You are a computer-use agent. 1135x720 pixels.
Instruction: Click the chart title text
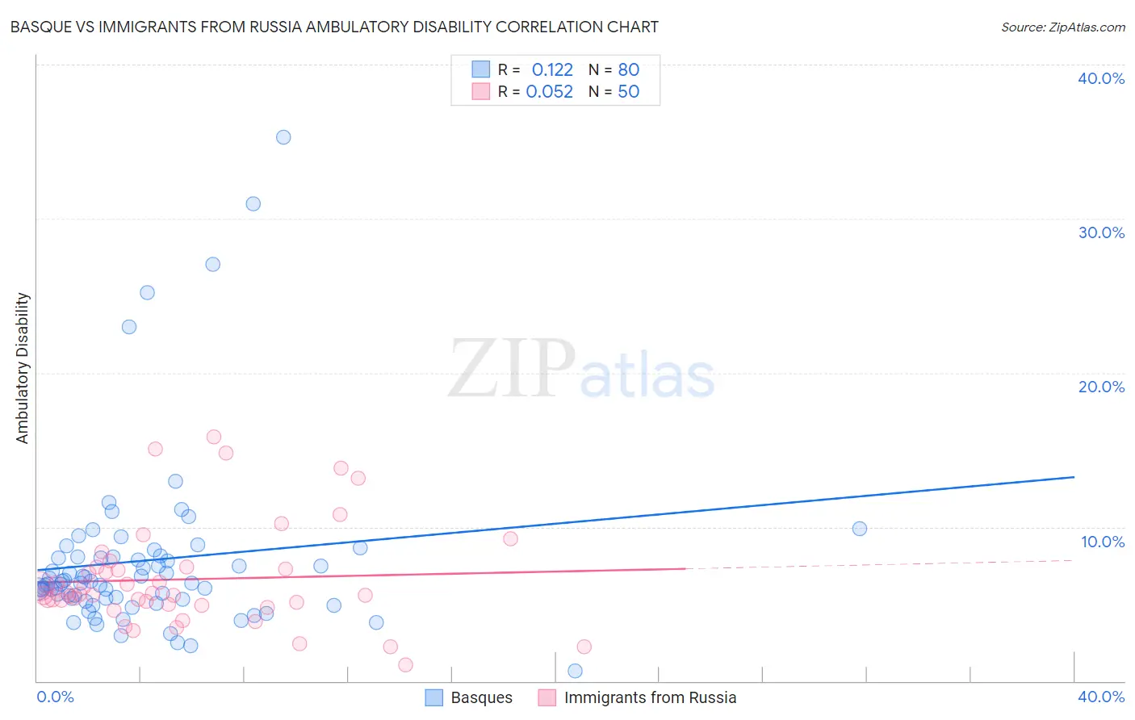click(334, 27)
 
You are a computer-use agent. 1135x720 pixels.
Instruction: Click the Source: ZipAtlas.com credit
click(1062, 27)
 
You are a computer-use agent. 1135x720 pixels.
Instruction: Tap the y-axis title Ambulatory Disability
click(23, 367)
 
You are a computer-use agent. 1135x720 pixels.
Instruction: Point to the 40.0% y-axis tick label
click(1101, 78)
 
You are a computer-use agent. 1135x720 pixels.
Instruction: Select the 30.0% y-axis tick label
click(1101, 232)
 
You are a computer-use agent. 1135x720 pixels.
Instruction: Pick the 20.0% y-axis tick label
click(1101, 387)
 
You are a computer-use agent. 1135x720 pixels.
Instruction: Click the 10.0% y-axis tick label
click(1103, 542)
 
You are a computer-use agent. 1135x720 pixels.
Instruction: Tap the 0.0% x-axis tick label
click(55, 697)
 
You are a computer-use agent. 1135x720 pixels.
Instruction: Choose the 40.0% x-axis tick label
click(1101, 697)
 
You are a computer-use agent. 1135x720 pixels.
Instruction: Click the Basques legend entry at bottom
click(481, 697)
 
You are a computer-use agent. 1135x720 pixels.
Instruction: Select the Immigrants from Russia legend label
click(650, 697)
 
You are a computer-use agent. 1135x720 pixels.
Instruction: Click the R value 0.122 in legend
click(552, 69)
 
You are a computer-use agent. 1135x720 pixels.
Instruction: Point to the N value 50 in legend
click(628, 91)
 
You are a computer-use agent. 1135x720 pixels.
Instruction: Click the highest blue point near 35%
click(283, 137)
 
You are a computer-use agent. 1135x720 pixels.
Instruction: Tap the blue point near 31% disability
click(253, 203)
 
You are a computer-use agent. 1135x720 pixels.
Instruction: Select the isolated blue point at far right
click(860, 529)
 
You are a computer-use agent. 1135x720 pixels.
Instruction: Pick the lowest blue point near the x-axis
click(575, 671)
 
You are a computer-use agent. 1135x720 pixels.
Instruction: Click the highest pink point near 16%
click(214, 437)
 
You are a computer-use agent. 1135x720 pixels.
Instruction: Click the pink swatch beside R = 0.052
click(481, 91)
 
